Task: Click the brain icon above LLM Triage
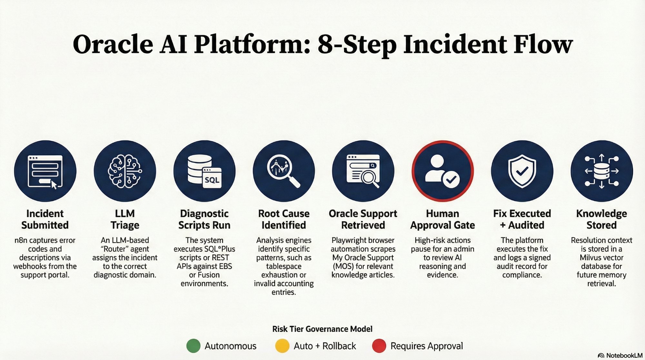pos(125,171)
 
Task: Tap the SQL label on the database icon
pos(212,180)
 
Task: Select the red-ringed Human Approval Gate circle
pos(442,171)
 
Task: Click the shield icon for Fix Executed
pos(522,171)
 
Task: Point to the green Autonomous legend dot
pos(193,346)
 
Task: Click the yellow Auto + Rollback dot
pos(282,346)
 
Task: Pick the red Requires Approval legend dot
pos(379,346)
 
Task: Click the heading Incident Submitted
pos(45,219)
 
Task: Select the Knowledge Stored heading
pos(601,219)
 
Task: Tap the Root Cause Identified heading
pos(284,219)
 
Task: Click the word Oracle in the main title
pos(113,45)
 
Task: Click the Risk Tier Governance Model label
pos(322,329)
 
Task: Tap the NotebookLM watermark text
pos(624,355)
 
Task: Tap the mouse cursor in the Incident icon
pos(54,185)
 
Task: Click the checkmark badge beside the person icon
pos(451,179)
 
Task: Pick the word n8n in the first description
pos(21,240)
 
